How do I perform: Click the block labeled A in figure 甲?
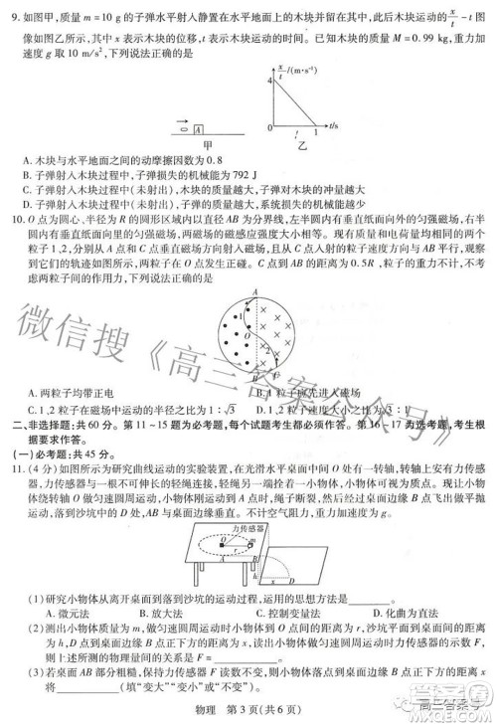click(x=199, y=128)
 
